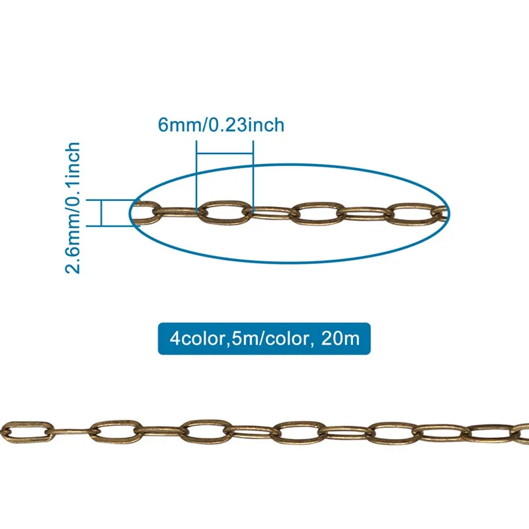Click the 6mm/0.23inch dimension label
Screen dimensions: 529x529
coord(221,125)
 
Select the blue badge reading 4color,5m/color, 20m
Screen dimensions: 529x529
coord(264,339)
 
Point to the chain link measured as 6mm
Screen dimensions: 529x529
coord(225,212)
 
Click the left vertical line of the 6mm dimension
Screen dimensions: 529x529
coord(197,179)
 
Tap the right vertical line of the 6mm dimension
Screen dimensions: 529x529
coord(252,179)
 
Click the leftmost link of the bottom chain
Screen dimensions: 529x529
coord(26,429)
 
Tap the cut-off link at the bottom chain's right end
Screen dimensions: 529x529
coord(522,433)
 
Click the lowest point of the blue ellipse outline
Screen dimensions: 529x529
coord(291,262)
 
